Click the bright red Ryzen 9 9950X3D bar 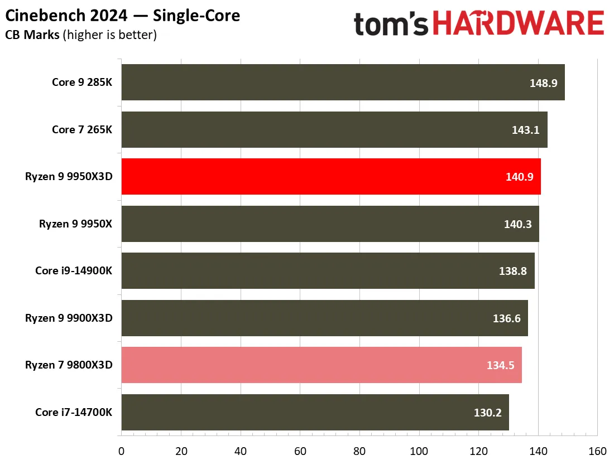331,176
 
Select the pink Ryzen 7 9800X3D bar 322,365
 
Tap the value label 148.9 543,83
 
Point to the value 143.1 525,130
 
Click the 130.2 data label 487,413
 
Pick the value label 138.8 512,271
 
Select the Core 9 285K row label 82,82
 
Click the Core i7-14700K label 74,412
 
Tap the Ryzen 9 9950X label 75,224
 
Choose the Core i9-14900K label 74,270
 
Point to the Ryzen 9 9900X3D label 69,318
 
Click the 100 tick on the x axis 419,452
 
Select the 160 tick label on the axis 598,452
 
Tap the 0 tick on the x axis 121,452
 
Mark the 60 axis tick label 300,452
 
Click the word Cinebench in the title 45,16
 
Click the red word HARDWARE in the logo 519,23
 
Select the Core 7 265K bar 334,129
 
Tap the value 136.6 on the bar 507,318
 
